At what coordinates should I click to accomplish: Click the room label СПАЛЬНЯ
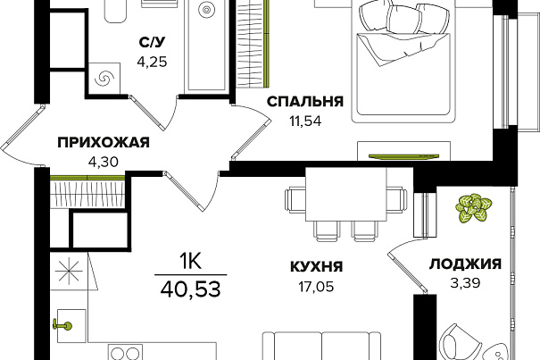coord(305,102)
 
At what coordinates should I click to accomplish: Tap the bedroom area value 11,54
coord(305,121)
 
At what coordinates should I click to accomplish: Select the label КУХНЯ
coord(317,266)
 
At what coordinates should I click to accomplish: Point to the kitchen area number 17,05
coord(316,287)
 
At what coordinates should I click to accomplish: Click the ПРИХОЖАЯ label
coord(104,142)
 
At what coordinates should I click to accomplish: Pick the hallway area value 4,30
coord(104,162)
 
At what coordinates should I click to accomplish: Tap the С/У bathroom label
coord(153,42)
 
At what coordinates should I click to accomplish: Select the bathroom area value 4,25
coord(152,62)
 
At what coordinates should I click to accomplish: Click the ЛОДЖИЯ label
coord(465,264)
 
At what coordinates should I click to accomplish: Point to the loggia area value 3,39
coord(465,283)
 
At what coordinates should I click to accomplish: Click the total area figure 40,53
coord(190,289)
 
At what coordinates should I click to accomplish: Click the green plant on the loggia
coord(474,207)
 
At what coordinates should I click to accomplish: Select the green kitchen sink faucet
coord(62,325)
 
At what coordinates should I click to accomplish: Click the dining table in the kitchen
coord(345,194)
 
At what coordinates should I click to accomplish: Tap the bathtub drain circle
coord(206,11)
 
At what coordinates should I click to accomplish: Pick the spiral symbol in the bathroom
coord(104,79)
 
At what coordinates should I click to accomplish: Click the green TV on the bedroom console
coord(403,156)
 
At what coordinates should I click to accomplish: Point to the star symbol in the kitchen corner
coord(69,271)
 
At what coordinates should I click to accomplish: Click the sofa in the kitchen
coord(322,346)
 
